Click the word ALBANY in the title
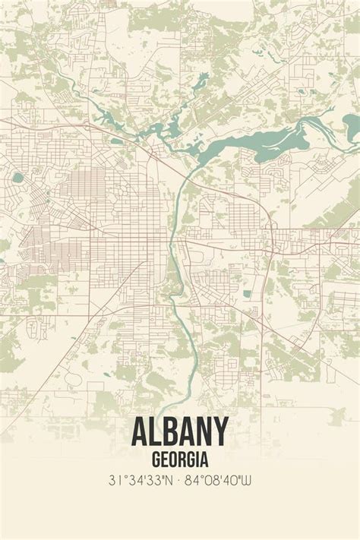(179, 432)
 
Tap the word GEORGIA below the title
(180, 459)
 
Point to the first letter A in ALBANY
(142, 432)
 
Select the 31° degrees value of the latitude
(118, 480)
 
